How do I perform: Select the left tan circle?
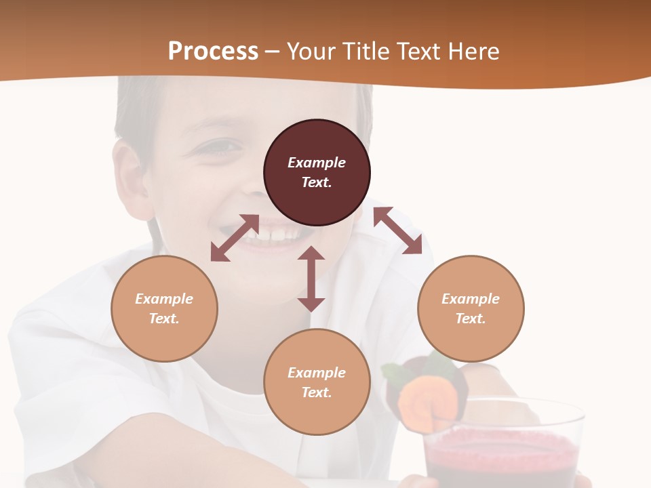point(164,308)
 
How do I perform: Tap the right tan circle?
point(471,308)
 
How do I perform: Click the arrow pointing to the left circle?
point(235,238)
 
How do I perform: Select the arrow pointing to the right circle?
point(397,231)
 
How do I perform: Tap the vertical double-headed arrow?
point(311,279)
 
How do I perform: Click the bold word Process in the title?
point(213,51)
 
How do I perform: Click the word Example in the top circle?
point(317,163)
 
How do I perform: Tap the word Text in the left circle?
point(164,319)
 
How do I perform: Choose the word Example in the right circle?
point(471,299)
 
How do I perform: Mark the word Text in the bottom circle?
point(317,392)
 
